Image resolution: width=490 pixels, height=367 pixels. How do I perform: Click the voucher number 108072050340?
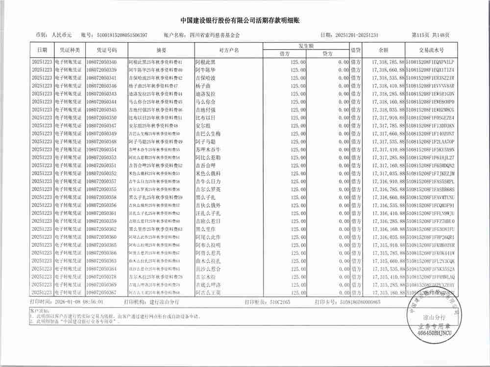[101, 62]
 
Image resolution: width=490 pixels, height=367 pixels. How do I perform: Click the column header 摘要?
[161, 50]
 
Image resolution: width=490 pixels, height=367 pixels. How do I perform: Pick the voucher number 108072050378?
[101, 277]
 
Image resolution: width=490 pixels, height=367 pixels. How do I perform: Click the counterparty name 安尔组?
[203, 126]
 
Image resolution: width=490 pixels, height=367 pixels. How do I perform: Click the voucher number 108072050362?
[101, 229]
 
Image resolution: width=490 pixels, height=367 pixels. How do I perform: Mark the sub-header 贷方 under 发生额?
[327, 53]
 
